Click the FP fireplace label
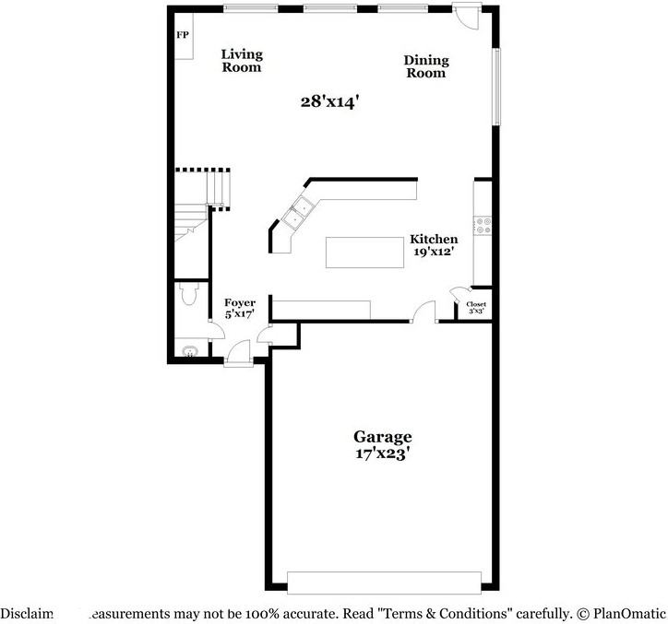[x=182, y=36]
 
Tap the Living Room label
[x=242, y=61]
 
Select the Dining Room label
[x=425, y=66]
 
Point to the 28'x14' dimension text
[x=328, y=101]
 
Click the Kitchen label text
[x=434, y=239]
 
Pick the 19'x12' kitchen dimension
[x=434, y=252]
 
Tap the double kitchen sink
[x=301, y=213]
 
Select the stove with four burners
[x=482, y=223]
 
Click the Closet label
[x=476, y=304]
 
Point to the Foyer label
[x=241, y=302]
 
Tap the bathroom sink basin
[x=191, y=351]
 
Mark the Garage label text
[x=382, y=436]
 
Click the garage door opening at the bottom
[x=384, y=582]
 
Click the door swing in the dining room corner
[x=466, y=16]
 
